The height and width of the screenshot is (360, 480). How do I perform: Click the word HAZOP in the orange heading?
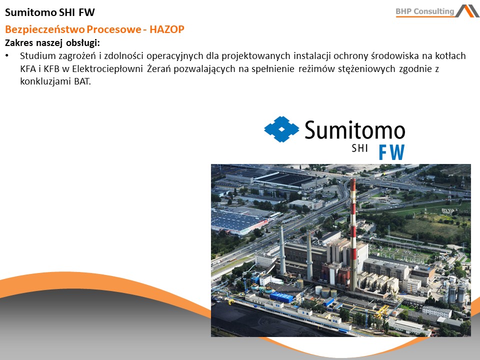click(x=167, y=29)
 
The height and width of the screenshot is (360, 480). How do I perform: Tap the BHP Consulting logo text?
click(x=425, y=11)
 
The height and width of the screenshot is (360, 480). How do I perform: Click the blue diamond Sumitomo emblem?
click(x=281, y=129)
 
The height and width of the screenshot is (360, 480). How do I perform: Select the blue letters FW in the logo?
click(x=392, y=152)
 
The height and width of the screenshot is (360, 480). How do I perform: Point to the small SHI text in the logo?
click(x=359, y=148)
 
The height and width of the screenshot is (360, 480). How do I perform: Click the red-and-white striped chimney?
click(x=353, y=234)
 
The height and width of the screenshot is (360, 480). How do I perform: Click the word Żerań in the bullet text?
click(x=159, y=68)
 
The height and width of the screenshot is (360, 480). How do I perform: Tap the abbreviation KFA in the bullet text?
click(x=28, y=69)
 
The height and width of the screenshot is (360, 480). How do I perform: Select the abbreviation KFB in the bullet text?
click(x=51, y=69)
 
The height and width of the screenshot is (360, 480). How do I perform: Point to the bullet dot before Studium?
click(x=7, y=56)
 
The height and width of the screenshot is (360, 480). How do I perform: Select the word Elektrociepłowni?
click(x=107, y=69)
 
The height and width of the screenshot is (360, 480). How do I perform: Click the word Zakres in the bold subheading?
click(x=19, y=42)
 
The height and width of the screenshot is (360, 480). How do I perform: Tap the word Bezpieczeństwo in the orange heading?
click(x=44, y=29)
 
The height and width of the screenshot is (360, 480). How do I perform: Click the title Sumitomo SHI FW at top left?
click(x=50, y=12)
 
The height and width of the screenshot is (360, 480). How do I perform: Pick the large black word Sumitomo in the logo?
click(x=355, y=130)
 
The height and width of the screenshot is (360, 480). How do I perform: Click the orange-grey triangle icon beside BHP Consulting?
click(x=467, y=11)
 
